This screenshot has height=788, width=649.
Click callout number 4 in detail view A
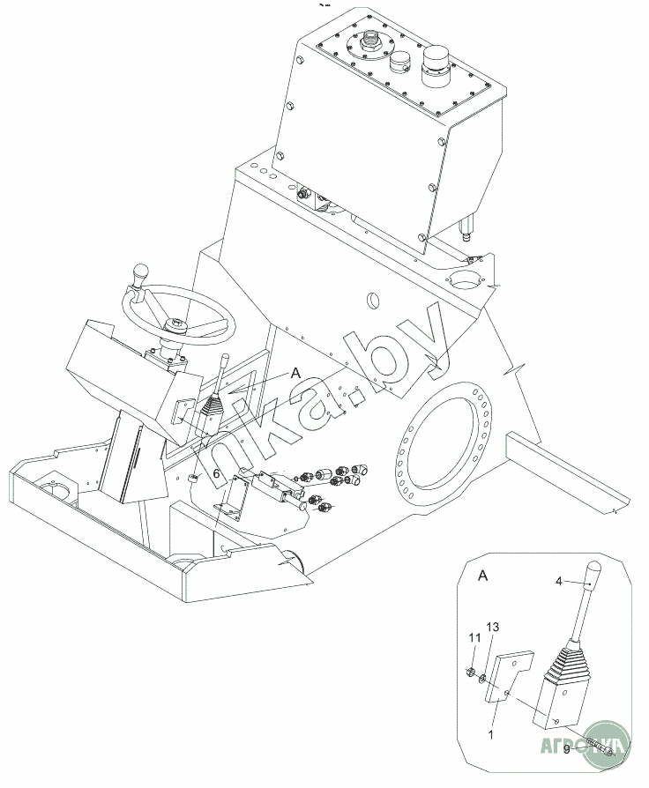click(x=558, y=581)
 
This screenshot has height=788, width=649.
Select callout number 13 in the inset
click(x=492, y=627)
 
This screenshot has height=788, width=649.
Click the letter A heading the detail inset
click(x=482, y=576)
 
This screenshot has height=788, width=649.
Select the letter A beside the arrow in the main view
click(x=295, y=374)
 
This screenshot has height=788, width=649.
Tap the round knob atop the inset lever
click(x=594, y=569)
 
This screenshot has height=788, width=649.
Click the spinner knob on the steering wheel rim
click(x=141, y=277)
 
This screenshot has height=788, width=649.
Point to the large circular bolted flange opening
click(x=441, y=450)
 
